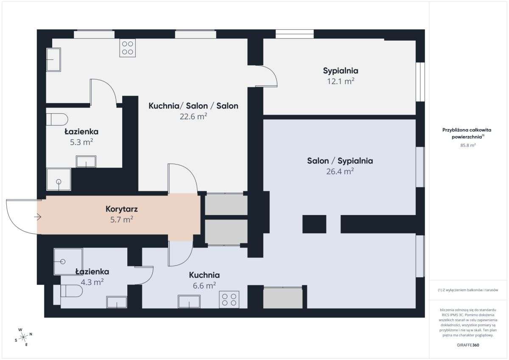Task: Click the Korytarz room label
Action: point(122,209)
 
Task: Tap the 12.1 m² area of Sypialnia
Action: point(341,81)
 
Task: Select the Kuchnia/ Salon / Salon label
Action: point(193,106)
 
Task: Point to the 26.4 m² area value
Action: point(340,171)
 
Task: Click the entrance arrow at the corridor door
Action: point(37,217)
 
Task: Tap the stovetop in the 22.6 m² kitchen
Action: point(128,48)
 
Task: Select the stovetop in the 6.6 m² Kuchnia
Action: point(229,300)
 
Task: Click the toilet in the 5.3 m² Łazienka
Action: point(57,119)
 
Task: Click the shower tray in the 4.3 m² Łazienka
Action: point(68,262)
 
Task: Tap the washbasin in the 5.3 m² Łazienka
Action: point(86,162)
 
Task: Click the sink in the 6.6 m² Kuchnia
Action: point(189,301)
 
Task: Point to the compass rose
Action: point(23,337)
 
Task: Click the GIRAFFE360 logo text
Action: point(468,345)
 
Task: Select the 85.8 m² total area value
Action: point(468,145)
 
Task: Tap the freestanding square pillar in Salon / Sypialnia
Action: point(314,224)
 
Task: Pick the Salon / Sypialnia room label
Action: point(340,161)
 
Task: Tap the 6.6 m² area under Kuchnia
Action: point(204,285)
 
